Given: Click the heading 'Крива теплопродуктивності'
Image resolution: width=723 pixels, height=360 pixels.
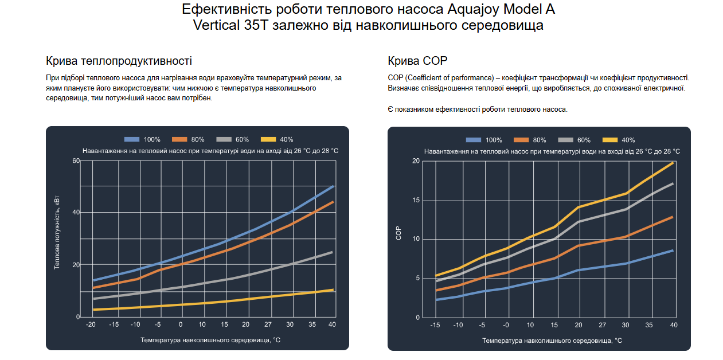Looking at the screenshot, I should click(x=119, y=61).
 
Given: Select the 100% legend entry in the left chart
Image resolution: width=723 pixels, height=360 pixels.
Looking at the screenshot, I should click(x=142, y=139).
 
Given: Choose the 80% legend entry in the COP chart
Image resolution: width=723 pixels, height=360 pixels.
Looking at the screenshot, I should click(x=530, y=140).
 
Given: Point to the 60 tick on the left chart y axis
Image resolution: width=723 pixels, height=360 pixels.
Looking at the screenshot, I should click(x=76, y=161).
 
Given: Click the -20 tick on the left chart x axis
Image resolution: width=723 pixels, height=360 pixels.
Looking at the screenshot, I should click(x=91, y=325).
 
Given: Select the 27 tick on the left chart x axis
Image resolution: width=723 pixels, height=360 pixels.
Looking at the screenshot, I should click(x=268, y=325).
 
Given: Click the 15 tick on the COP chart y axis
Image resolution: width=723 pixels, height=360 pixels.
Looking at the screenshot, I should click(x=416, y=201).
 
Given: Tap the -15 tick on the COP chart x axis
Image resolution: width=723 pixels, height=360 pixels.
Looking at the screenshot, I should click(x=436, y=325).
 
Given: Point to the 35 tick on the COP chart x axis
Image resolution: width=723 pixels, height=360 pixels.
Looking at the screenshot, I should click(x=649, y=325).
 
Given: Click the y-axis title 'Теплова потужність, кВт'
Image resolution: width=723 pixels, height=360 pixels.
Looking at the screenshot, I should click(x=57, y=233).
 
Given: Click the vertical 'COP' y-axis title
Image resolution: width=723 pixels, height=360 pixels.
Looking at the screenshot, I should click(x=398, y=233).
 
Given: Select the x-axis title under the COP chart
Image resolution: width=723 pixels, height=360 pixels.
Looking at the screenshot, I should click(x=552, y=341).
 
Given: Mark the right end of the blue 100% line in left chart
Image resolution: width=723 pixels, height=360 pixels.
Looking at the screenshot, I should click(x=333, y=186).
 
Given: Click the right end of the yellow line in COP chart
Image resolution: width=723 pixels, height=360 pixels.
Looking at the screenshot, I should click(x=673, y=163).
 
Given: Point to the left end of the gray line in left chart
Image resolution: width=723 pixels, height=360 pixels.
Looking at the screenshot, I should click(x=93, y=298).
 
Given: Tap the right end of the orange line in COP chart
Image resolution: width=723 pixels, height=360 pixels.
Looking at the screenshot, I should click(x=672, y=217).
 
